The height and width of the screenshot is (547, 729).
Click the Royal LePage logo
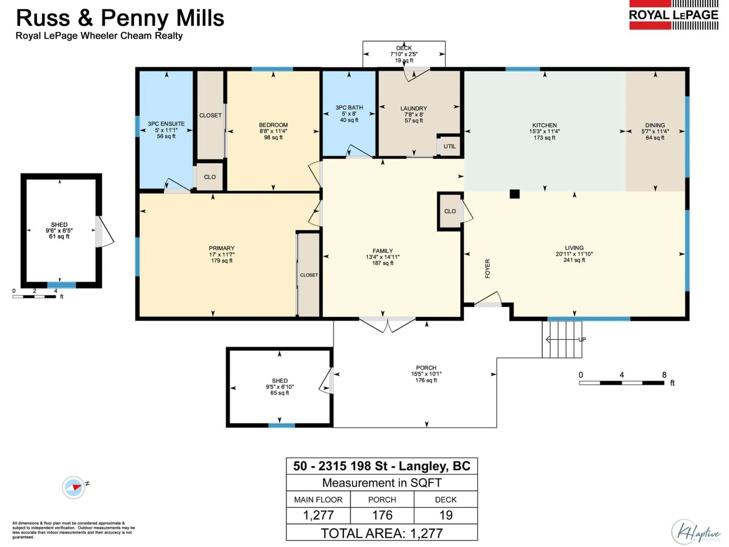tap(673, 15)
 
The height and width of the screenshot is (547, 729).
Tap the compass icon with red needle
tap(73, 487)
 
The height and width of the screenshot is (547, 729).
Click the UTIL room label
tap(450, 146)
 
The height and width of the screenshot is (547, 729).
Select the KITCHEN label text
tap(544, 125)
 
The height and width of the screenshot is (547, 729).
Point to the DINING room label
tap(655, 125)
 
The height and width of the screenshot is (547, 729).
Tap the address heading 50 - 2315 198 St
tap(382, 466)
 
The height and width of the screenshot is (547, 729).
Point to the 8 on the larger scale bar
tap(664, 375)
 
